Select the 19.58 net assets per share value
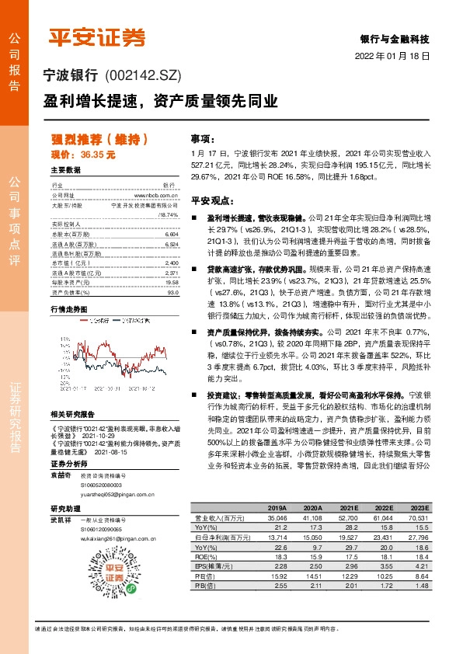tap(172, 282)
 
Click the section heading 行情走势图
tap(69, 309)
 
